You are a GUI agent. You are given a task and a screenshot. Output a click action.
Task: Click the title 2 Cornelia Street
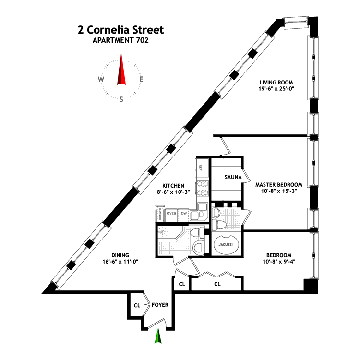[120, 30]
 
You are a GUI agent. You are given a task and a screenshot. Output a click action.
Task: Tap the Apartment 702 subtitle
[120, 41]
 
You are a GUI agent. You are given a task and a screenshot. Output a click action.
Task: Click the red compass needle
[121, 71]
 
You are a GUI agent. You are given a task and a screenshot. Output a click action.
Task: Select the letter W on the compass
[101, 80]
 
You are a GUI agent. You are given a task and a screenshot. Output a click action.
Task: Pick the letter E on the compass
[141, 80]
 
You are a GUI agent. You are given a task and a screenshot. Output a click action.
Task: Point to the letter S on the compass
[121, 99]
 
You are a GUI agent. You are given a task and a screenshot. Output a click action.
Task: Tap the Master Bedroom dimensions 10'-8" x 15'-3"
[278, 192]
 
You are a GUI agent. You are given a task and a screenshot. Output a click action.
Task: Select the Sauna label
[232, 177]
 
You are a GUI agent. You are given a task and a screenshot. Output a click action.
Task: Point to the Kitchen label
[173, 185]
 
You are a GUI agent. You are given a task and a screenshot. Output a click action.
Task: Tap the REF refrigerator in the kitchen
[201, 168]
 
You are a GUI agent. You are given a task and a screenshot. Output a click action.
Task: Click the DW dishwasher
[183, 213]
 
